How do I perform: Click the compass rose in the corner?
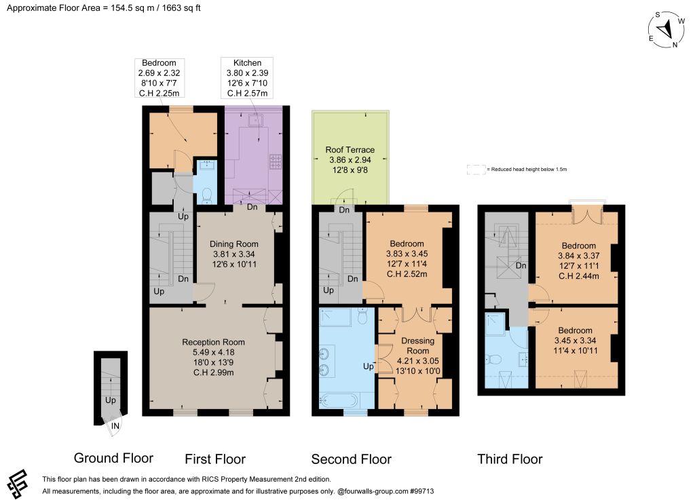666,30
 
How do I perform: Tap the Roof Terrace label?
350,150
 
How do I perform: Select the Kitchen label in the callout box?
247,63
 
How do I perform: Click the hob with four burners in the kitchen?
276,161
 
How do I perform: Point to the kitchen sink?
255,121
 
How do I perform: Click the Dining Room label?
233,244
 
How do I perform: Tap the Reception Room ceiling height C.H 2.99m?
213,372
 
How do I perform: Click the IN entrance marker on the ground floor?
115,426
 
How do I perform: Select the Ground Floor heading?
113,458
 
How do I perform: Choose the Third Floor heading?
510,459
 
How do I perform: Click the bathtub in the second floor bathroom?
339,401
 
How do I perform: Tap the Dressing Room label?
417,345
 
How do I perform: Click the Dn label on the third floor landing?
521,265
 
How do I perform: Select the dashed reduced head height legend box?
476,169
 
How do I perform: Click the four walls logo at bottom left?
18,484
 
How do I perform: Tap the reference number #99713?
422,491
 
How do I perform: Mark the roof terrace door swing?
346,197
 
